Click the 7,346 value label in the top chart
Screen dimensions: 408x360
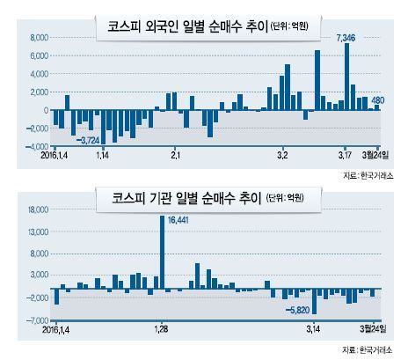(346, 38)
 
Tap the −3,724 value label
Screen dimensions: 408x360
(88, 141)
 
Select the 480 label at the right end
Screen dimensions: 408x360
(377, 100)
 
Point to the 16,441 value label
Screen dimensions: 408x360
(178, 220)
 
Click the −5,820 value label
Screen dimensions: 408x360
(297, 310)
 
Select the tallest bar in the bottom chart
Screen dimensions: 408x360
(162, 252)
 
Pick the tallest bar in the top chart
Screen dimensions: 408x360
(346, 77)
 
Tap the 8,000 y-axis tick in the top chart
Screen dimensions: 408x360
(39, 38)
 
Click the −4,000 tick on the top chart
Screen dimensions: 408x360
(37, 146)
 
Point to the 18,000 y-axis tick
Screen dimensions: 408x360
(38, 209)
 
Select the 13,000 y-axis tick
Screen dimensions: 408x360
(38, 232)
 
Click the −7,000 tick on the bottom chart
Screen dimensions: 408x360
(37, 320)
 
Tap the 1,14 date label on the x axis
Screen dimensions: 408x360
(103, 155)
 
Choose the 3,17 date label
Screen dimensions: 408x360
(345, 155)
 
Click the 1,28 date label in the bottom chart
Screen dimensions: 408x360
(161, 329)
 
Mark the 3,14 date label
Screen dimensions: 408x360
(313, 329)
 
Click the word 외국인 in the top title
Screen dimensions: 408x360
(161, 26)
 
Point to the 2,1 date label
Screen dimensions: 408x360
(175, 155)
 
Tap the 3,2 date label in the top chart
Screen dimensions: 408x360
(282, 155)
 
